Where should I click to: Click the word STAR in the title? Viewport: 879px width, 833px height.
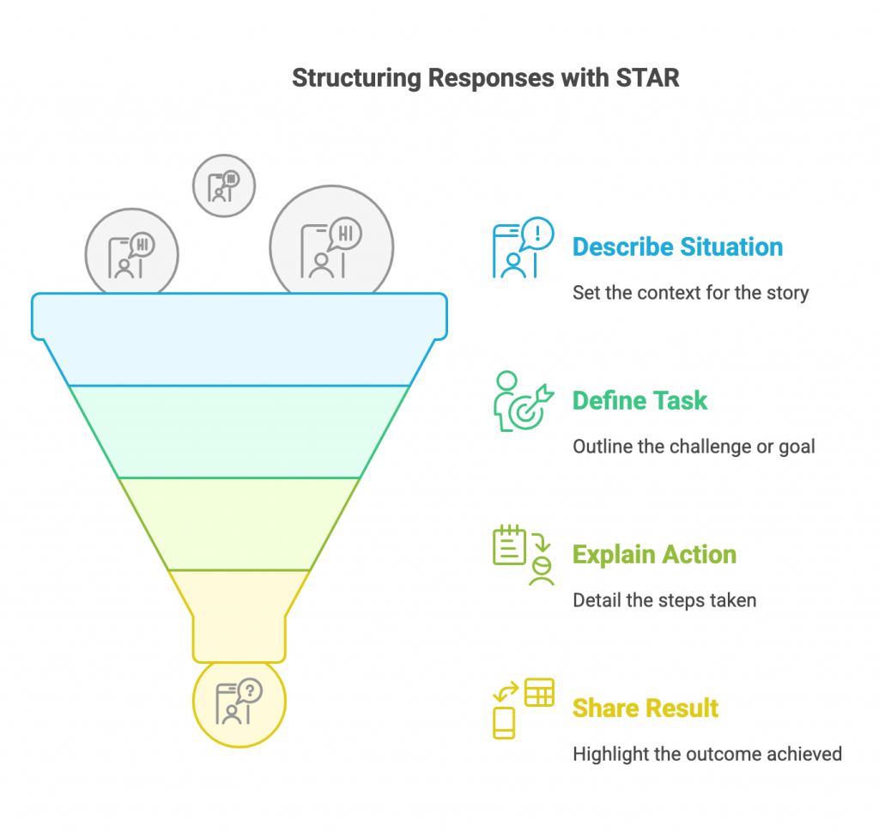(x=647, y=77)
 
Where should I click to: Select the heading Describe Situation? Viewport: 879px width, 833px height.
(x=677, y=246)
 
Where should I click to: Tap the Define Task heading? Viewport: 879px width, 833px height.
(x=640, y=400)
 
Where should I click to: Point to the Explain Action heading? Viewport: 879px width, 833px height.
(x=654, y=554)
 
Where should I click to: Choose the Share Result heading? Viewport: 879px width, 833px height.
(x=646, y=708)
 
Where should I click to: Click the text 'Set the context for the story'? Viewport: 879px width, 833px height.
(x=691, y=293)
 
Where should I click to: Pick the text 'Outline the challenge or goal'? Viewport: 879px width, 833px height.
(x=694, y=447)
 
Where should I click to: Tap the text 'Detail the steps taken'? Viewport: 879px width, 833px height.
(x=664, y=600)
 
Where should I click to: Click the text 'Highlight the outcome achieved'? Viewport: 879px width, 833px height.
(x=707, y=754)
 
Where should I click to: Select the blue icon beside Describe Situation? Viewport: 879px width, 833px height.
(x=523, y=247)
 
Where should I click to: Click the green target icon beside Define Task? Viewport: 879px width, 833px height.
(x=524, y=401)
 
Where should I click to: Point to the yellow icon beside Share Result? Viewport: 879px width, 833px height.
(x=524, y=708)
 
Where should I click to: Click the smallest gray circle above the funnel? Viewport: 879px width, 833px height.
(x=224, y=185)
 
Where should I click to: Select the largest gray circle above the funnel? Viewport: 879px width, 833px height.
(x=331, y=240)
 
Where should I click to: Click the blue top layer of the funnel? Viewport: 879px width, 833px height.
(x=239, y=339)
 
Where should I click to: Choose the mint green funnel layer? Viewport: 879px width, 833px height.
(x=239, y=432)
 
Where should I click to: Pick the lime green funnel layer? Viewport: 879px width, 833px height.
(x=239, y=524)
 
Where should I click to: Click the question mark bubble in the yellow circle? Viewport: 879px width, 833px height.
(x=249, y=691)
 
